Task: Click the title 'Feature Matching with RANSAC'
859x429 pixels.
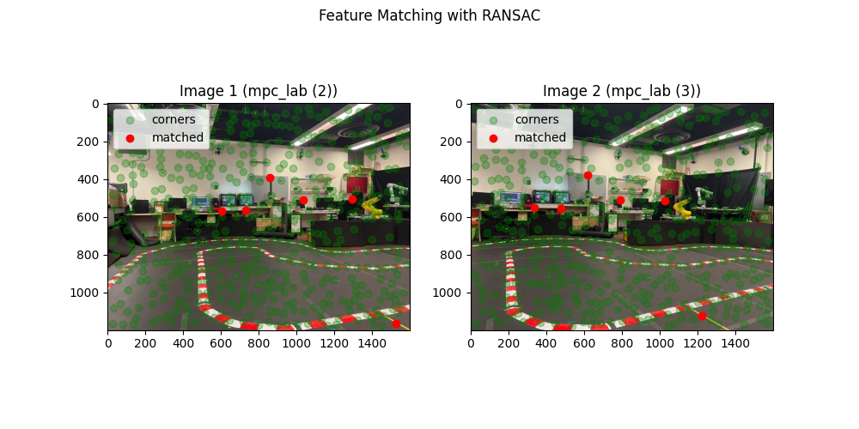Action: point(429,15)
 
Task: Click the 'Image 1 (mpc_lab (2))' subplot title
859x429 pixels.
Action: point(259,91)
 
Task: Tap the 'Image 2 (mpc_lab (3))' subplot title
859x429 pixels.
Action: point(622,91)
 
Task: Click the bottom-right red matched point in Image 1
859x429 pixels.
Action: point(396,323)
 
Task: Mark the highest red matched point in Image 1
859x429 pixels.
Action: point(270,178)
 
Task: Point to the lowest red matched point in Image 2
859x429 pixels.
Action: point(702,316)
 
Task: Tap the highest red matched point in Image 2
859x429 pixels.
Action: point(588,175)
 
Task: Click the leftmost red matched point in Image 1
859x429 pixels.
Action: point(222,211)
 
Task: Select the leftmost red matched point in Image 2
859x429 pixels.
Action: point(534,208)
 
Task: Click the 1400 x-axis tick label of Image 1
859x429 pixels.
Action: point(372,343)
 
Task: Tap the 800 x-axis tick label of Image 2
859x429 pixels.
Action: point(622,343)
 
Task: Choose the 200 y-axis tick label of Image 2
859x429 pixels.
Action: point(456,142)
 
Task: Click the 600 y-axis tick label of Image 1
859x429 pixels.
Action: point(93,217)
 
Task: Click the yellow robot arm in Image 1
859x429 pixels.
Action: point(372,207)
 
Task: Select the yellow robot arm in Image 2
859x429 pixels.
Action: point(682,208)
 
